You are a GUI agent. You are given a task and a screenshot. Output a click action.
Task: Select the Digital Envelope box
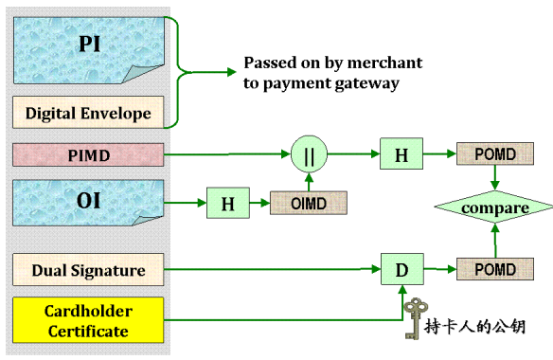point(88,114)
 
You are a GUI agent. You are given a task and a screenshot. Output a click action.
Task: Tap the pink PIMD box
point(88,153)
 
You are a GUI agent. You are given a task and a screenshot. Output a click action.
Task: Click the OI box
point(88,202)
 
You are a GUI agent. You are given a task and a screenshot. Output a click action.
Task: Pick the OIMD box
point(308,202)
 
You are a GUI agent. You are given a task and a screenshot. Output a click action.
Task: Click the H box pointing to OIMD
point(227,202)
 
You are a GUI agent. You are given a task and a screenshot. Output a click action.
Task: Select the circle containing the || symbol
point(308,153)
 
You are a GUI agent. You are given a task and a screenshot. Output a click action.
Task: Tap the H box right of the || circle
point(401,153)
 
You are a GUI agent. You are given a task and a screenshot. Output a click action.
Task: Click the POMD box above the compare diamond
point(494,153)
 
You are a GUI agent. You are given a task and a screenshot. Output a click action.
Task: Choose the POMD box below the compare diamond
point(494,270)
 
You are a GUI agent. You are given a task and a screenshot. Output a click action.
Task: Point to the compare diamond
point(494,207)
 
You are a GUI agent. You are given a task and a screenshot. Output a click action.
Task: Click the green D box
point(401,271)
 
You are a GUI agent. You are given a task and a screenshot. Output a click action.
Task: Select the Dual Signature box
point(88,270)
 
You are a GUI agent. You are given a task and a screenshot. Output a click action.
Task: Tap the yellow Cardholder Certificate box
point(88,320)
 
